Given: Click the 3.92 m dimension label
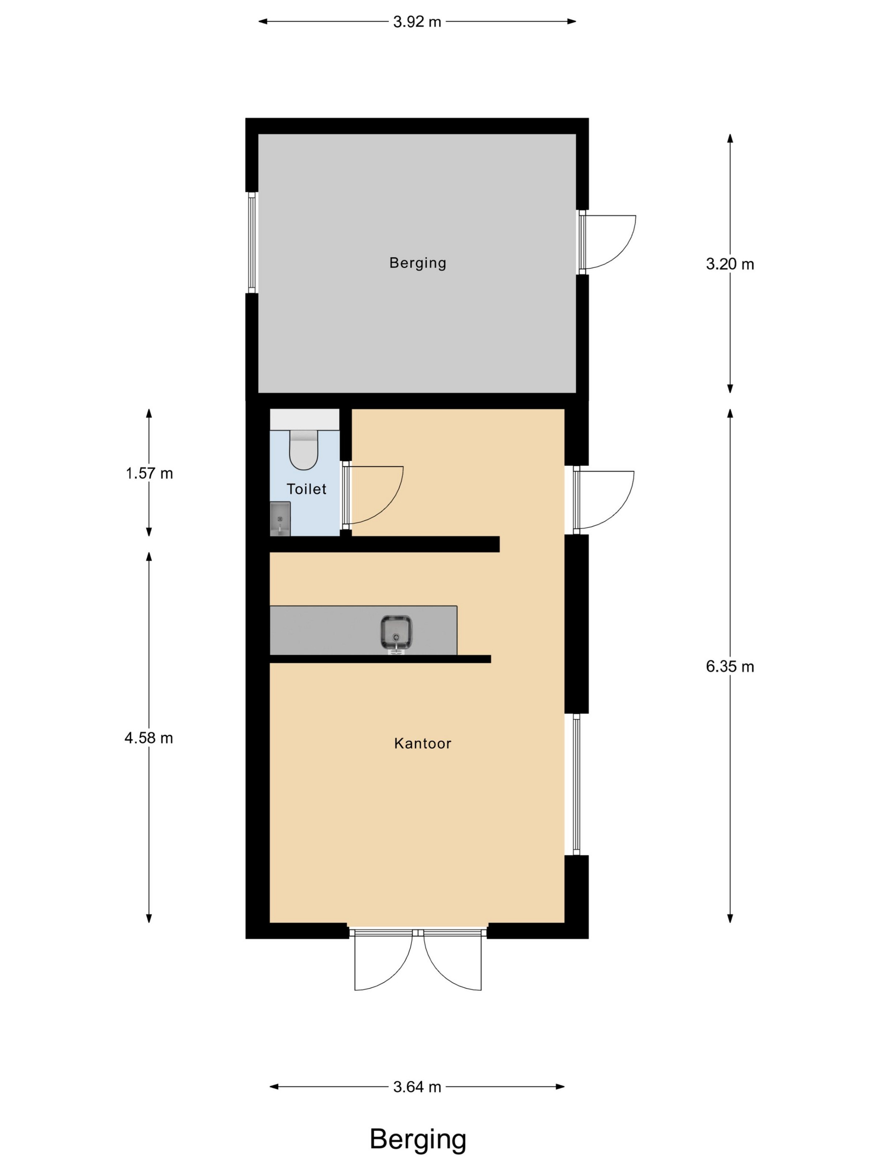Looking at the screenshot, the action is pyautogui.click(x=417, y=22).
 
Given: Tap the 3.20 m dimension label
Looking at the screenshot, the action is pyautogui.click(x=730, y=264).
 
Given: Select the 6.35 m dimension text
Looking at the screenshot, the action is pyautogui.click(x=730, y=666).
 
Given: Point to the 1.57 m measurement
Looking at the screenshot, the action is pyautogui.click(x=149, y=473).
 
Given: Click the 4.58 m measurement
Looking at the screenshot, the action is pyautogui.click(x=149, y=738).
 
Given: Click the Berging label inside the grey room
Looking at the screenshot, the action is pyautogui.click(x=418, y=263).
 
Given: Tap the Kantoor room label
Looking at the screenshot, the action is pyautogui.click(x=422, y=744).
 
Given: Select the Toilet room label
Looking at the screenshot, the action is pyautogui.click(x=306, y=489).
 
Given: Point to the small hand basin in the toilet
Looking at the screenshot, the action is pyautogui.click(x=280, y=519).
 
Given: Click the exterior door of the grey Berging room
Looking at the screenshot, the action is pyautogui.click(x=607, y=242).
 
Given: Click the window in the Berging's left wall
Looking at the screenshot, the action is pyautogui.click(x=252, y=242).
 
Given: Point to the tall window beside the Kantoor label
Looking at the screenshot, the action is pyautogui.click(x=576, y=784).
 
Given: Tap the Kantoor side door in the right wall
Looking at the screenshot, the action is pyautogui.click(x=604, y=500).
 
